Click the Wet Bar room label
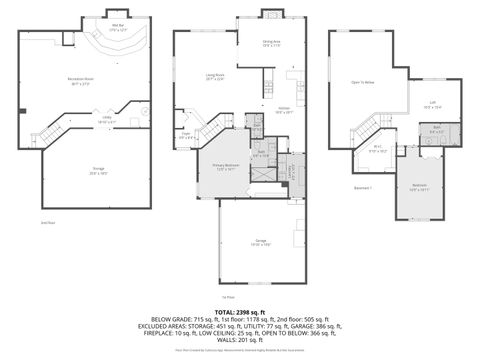(x=118, y=27)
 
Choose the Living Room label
(x=214, y=76)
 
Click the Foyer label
(x=186, y=135)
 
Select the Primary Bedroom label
(x=224, y=167)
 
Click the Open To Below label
(x=362, y=83)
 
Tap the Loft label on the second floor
(x=432, y=103)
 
